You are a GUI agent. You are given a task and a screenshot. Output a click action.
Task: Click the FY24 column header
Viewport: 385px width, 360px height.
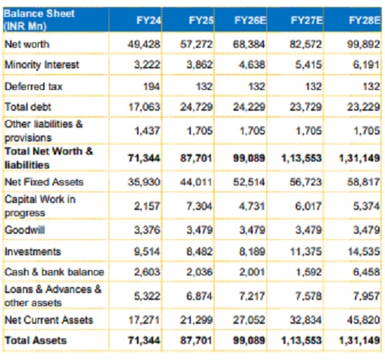click(x=149, y=21)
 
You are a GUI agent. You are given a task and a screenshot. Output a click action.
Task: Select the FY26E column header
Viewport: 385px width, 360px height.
click(x=250, y=21)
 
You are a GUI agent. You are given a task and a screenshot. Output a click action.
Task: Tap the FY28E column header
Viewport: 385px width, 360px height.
click(x=364, y=21)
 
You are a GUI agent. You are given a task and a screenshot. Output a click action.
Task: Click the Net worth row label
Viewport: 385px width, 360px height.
click(x=27, y=44)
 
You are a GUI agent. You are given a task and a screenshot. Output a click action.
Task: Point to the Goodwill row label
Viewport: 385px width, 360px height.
click(x=25, y=230)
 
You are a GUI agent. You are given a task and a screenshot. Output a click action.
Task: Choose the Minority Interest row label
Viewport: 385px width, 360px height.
click(x=42, y=65)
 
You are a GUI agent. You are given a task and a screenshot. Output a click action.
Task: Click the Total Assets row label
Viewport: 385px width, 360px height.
click(x=35, y=340)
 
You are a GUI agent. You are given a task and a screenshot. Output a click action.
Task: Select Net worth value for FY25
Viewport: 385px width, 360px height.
click(x=196, y=44)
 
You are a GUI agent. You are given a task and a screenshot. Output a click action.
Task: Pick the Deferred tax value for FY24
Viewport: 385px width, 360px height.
click(x=152, y=86)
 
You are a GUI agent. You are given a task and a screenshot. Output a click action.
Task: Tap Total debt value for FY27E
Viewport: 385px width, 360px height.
click(x=306, y=107)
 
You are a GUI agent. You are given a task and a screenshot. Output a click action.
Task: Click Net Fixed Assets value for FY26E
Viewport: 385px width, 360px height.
click(x=249, y=182)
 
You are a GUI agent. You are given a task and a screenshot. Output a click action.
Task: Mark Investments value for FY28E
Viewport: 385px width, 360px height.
click(x=363, y=252)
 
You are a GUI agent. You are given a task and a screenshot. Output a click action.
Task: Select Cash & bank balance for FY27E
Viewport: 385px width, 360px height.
click(x=309, y=272)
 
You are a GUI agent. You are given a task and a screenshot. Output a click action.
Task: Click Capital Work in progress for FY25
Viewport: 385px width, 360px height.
click(x=199, y=206)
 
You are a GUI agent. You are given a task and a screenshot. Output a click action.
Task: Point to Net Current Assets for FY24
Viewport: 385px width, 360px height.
click(x=144, y=320)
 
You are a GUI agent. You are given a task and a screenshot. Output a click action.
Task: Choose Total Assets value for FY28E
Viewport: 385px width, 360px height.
click(x=360, y=340)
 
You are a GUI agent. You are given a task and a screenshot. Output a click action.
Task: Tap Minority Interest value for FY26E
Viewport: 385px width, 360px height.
click(x=252, y=65)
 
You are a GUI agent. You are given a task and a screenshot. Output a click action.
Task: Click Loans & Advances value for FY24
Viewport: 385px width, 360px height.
click(x=147, y=296)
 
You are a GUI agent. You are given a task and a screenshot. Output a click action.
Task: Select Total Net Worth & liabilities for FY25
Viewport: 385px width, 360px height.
click(x=196, y=158)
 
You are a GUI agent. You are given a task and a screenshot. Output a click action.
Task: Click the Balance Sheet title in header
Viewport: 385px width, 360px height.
click(x=39, y=19)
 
